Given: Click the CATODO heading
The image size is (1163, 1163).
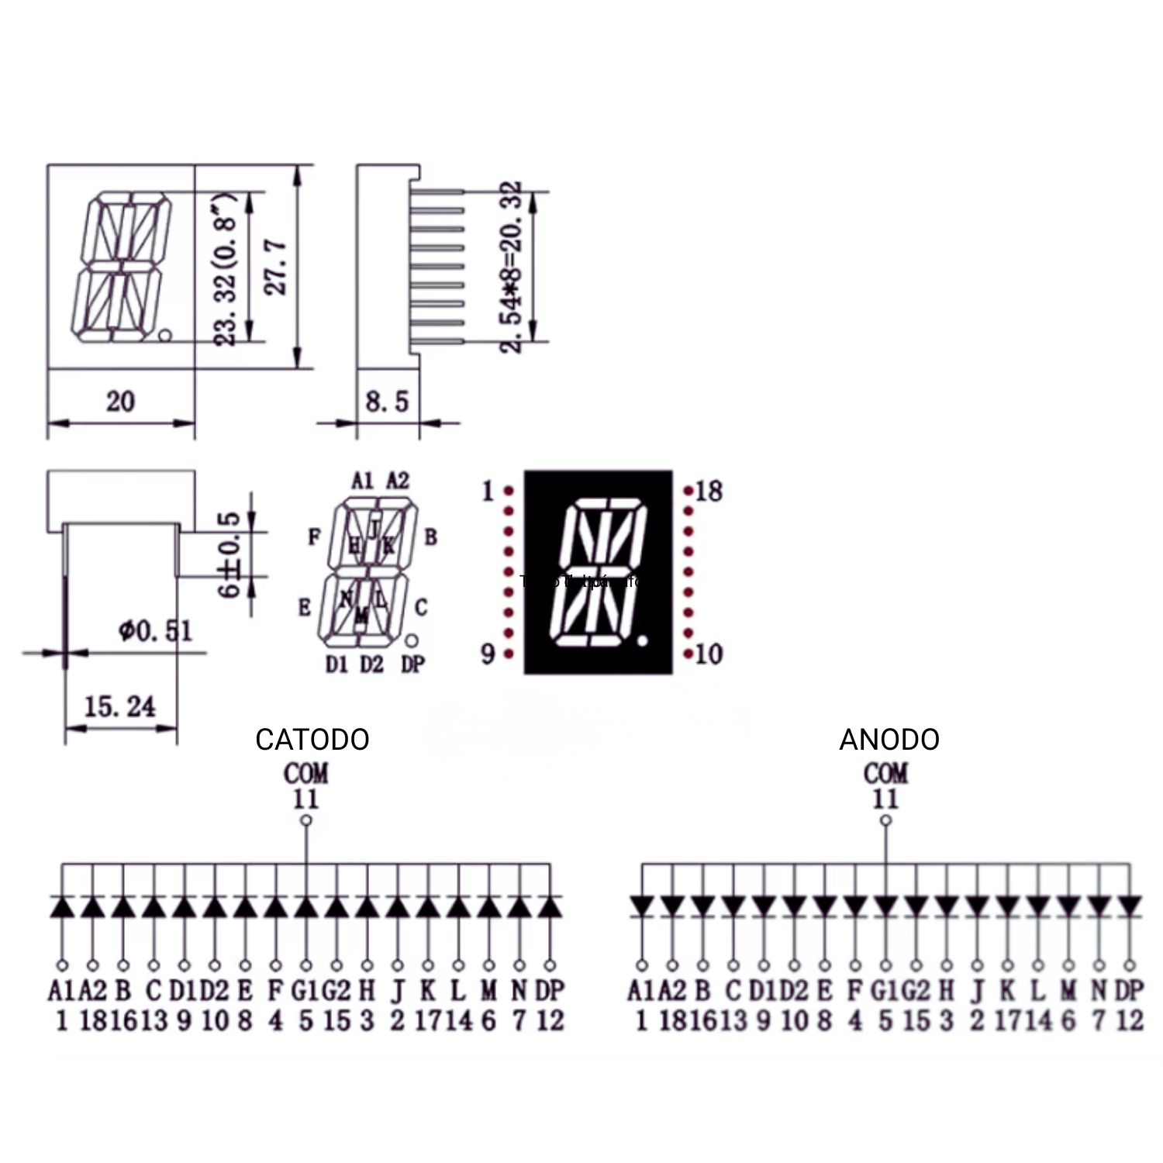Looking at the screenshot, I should tap(312, 739).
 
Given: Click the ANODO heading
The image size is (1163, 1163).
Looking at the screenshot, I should tap(889, 739).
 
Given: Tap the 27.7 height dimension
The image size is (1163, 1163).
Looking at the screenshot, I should tap(277, 267).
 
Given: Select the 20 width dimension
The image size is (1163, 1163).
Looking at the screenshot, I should tap(120, 402).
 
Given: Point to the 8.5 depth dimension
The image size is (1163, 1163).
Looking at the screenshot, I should tap(386, 402).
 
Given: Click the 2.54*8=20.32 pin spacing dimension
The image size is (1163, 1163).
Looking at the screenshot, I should tap(511, 267).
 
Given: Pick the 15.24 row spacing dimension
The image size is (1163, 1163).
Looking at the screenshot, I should tap(119, 706).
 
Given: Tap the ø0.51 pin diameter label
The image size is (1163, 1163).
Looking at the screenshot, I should tap(155, 631).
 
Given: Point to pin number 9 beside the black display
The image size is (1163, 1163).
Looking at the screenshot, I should tap(488, 654).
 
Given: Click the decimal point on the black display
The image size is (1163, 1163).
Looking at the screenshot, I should tap(643, 640).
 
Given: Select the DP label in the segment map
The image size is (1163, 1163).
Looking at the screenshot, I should tap(413, 664).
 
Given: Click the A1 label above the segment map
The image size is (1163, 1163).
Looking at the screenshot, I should tap(362, 481).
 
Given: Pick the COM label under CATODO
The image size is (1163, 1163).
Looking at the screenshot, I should tap(305, 773).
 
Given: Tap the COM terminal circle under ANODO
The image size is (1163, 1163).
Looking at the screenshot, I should tap(886, 820).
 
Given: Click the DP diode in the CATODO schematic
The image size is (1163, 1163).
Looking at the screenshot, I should tap(550, 907).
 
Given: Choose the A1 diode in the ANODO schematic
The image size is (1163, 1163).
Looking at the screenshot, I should tap(641, 906).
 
